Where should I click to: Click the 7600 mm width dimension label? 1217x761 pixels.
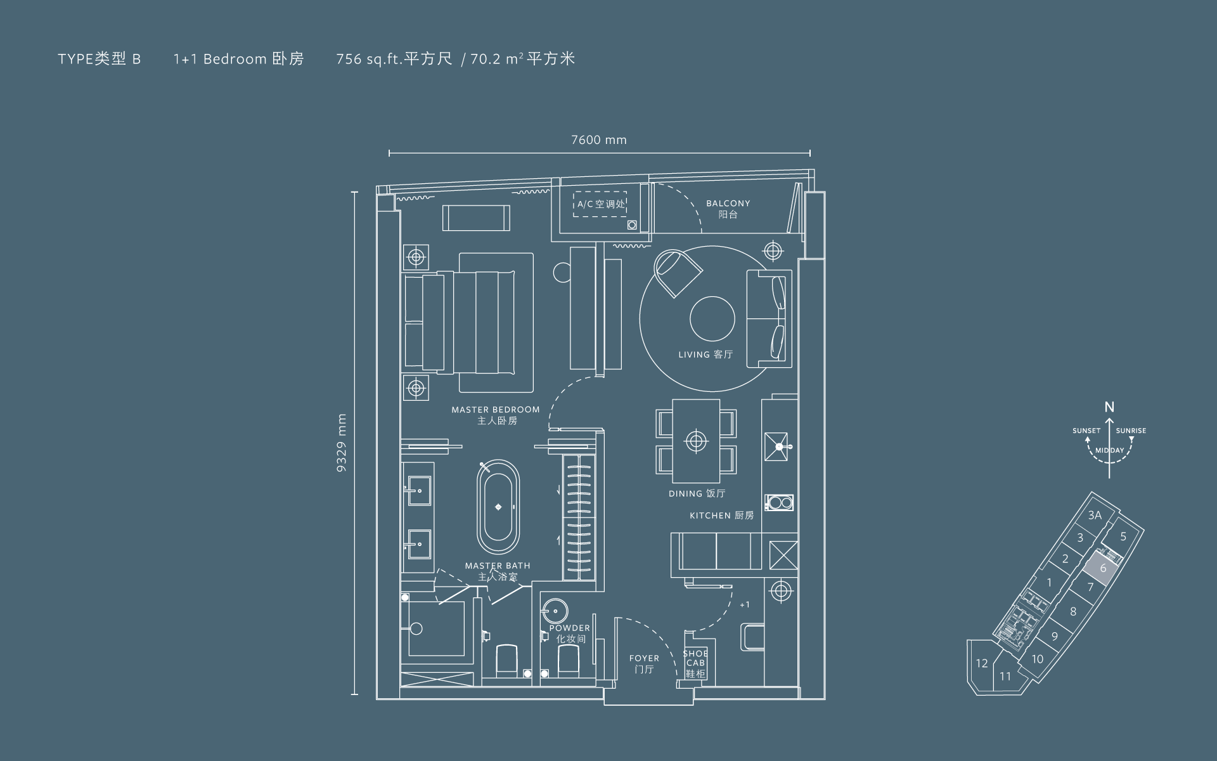pyautogui.click(x=598, y=140)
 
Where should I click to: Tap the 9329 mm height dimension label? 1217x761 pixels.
pyautogui.click(x=342, y=443)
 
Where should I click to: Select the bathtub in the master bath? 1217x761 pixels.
pyautogui.click(x=498, y=507)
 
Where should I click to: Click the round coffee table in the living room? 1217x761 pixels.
pyautogui.click(x=712, y=319)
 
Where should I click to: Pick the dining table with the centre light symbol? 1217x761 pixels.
pyautogui.click(x=696, y=440)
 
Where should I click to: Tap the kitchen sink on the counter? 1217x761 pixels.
pyautogui.click(x=776, y=446)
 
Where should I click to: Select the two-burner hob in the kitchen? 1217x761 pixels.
pyautogui.click(x=779, y=503)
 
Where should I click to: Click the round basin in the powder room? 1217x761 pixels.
pyautogui.click(x=555, y=610)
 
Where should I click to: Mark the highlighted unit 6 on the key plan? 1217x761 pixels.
pyautogui.click(x=1103, y=568)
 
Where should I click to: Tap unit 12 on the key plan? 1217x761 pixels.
pyautogui.click(x=982, y=663)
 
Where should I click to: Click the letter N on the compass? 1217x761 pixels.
pyautogui.click(x=1109, y=407)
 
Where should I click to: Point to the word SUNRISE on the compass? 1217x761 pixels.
pyautogui.click(x=1131, y=431)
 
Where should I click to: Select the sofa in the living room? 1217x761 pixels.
pyautogui.click(x=769, y=318)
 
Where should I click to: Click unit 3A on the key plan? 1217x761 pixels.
pyautogui.click(x=1095, y=516)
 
